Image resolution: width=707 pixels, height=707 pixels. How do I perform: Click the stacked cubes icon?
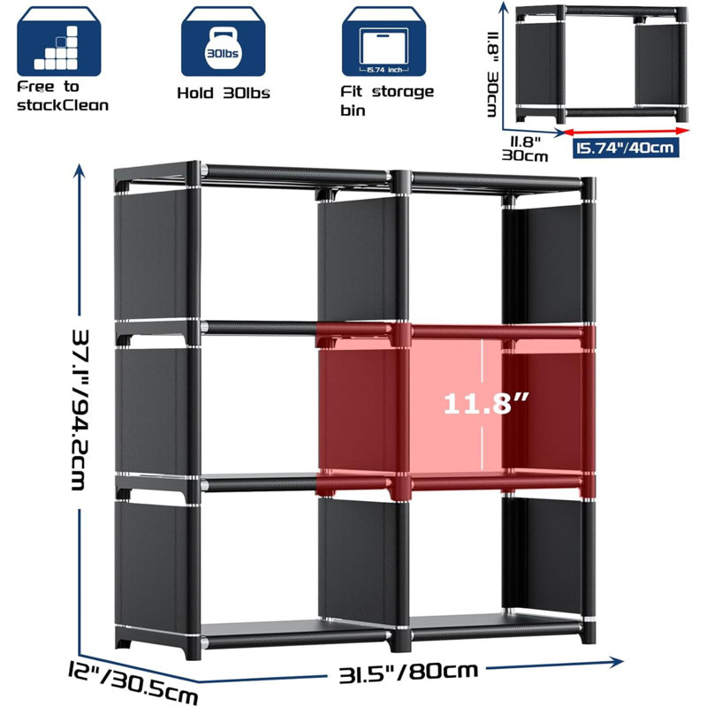tap(59, 42)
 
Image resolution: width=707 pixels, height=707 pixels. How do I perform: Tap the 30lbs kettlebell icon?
tap(223, 42)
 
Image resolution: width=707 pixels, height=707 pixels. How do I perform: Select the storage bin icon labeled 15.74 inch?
tap(384, 42)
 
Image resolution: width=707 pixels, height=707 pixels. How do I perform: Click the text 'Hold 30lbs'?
tap(224, 94)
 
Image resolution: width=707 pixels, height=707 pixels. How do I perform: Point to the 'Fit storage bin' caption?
tap(387, 101)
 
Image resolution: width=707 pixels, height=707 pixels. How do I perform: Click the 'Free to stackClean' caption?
tap(63, 96)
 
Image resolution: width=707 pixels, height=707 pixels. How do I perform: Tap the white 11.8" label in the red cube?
tap(486, 403)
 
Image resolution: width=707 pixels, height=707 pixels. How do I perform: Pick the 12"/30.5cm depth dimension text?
tap(133, 681)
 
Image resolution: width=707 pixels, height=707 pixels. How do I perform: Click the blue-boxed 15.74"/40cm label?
tap(626, 148)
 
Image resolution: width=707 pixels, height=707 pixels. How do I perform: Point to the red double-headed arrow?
tap(627, 131)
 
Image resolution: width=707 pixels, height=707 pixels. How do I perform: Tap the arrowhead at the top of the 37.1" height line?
tap(80, 171)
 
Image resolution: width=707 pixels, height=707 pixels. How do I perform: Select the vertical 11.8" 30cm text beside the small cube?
tap(493, 73)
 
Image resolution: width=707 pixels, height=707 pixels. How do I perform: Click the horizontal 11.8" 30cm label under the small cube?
tap(525, 148)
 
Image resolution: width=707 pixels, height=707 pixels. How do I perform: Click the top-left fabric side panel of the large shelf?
tap(150, 254)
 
